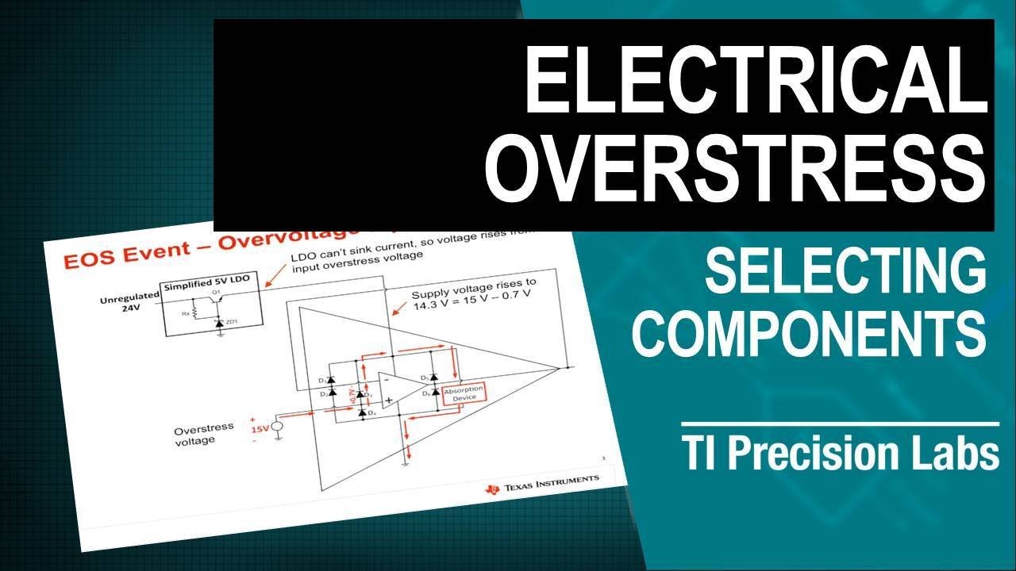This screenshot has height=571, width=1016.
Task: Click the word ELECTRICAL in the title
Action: point(758,80)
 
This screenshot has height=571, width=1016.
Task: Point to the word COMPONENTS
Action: point(810,334)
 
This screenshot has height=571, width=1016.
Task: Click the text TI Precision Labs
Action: point(841,454)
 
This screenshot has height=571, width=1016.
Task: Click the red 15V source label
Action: point(260,429)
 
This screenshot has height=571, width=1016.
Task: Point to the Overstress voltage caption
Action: point(204,433)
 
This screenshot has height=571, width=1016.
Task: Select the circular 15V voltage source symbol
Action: point(277,429)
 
